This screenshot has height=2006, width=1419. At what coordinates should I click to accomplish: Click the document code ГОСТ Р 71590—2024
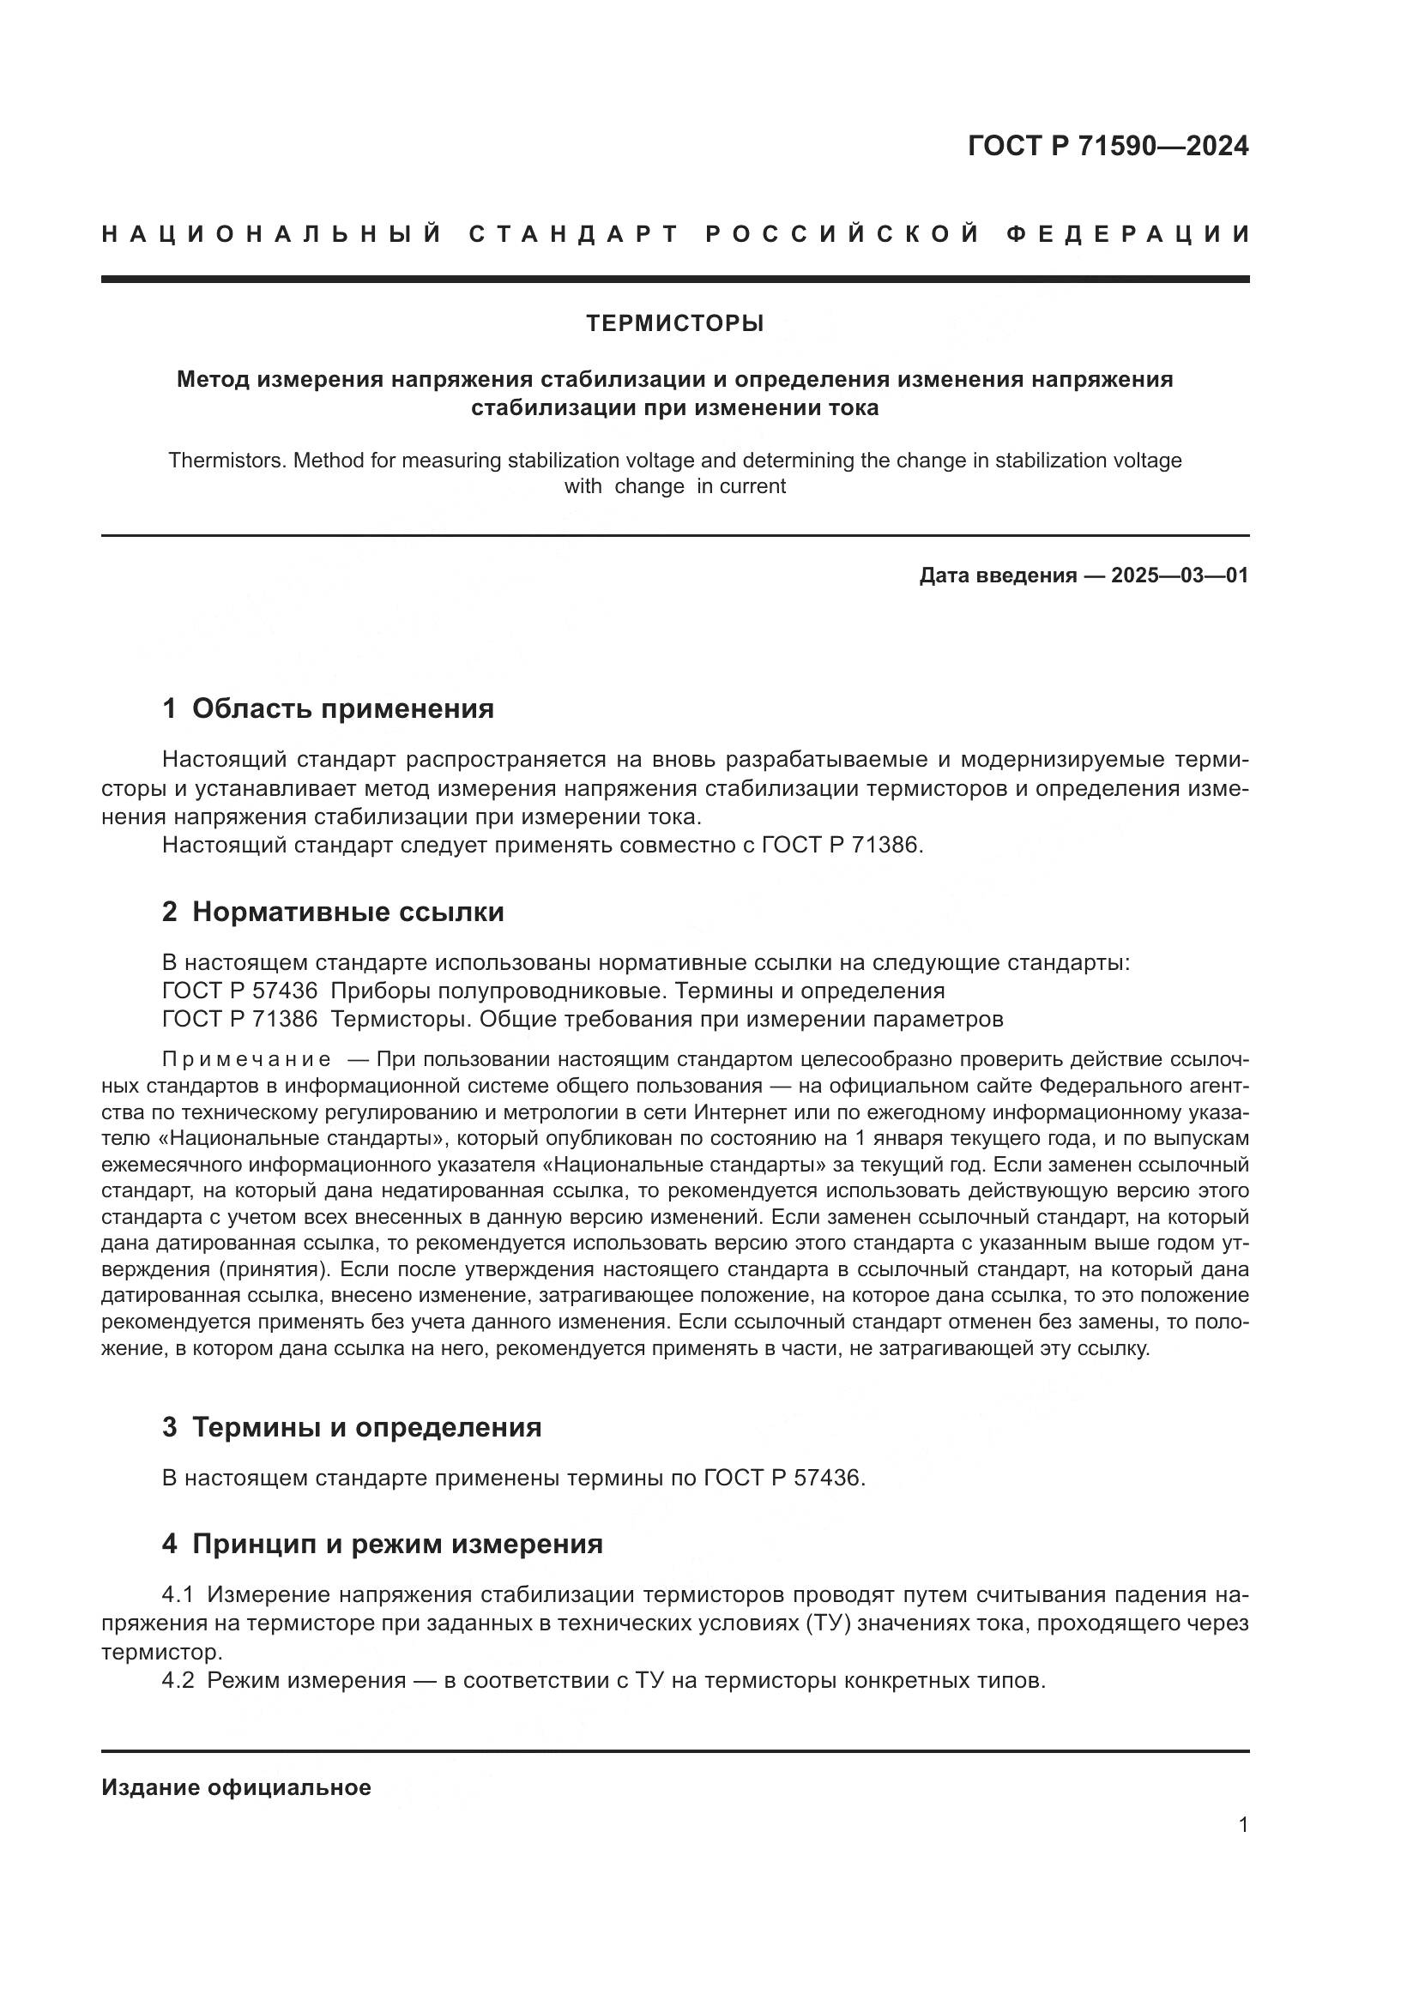(1108, 146)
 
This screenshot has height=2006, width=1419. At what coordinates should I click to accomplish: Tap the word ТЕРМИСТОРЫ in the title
(674, 323)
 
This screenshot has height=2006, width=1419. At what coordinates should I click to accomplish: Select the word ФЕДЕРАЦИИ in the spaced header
(1129, 234)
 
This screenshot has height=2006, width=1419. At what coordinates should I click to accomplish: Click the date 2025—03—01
(1180, 575)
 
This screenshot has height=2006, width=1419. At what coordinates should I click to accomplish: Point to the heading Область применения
(342, 708)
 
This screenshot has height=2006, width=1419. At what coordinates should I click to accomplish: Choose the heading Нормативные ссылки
(347, 913)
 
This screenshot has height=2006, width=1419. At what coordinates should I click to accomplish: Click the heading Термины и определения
(366, 1428)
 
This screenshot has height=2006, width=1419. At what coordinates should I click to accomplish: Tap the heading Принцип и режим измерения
(396, 1545)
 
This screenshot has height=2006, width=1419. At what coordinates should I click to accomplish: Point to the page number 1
(1243, 1825)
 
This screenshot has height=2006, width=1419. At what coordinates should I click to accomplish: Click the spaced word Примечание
(246, 1060)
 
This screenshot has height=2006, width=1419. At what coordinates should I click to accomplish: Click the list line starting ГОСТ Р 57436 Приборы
(553, 991)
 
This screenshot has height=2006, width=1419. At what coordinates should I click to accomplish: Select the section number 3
(170, 1428)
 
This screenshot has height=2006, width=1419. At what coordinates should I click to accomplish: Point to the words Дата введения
(997, 575)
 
